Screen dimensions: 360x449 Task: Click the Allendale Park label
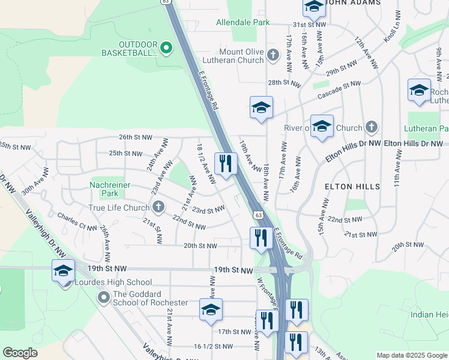pos(243,22)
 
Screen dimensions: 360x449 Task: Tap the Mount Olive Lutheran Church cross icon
pos(273,55)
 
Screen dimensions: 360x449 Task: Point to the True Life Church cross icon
pos(158,208)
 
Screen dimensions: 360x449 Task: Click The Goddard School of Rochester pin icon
pos(104,296)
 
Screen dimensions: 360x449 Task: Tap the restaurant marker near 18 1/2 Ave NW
pos(226,163)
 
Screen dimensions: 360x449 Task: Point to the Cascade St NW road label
pos(340,91)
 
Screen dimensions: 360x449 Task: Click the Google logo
pos(20,353)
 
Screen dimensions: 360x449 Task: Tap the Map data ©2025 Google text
pos(411,355)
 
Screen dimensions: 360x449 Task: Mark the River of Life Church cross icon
pos(372,127)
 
